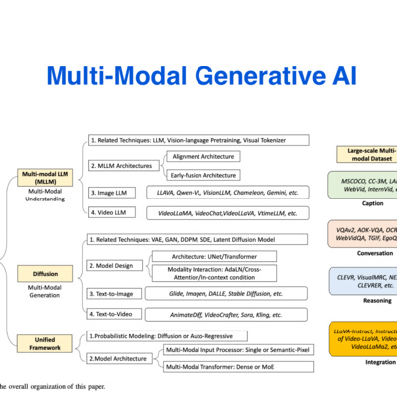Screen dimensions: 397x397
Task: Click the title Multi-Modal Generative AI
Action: (x=198, y=74)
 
